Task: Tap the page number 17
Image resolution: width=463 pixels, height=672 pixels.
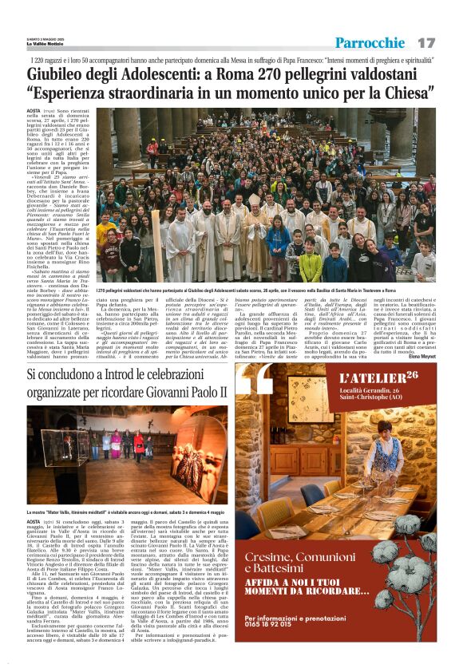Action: coord(426,42)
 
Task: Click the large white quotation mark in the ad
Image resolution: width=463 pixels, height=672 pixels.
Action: coord(259,383)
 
